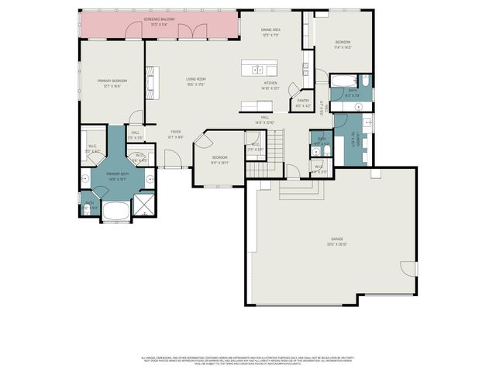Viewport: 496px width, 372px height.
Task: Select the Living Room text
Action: (195, 81)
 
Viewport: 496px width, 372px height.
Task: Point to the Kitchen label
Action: (270, 85)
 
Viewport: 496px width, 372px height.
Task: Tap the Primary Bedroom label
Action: (112, 84)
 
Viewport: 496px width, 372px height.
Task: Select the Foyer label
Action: (176, 135)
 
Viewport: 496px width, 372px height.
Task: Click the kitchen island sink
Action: (257, 69)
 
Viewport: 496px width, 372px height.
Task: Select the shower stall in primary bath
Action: (144, 205)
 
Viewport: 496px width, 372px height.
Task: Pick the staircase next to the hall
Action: (263, 156)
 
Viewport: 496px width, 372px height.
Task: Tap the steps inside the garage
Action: (291, 190)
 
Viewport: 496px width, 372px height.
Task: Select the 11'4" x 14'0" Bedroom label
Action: (343, 44)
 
